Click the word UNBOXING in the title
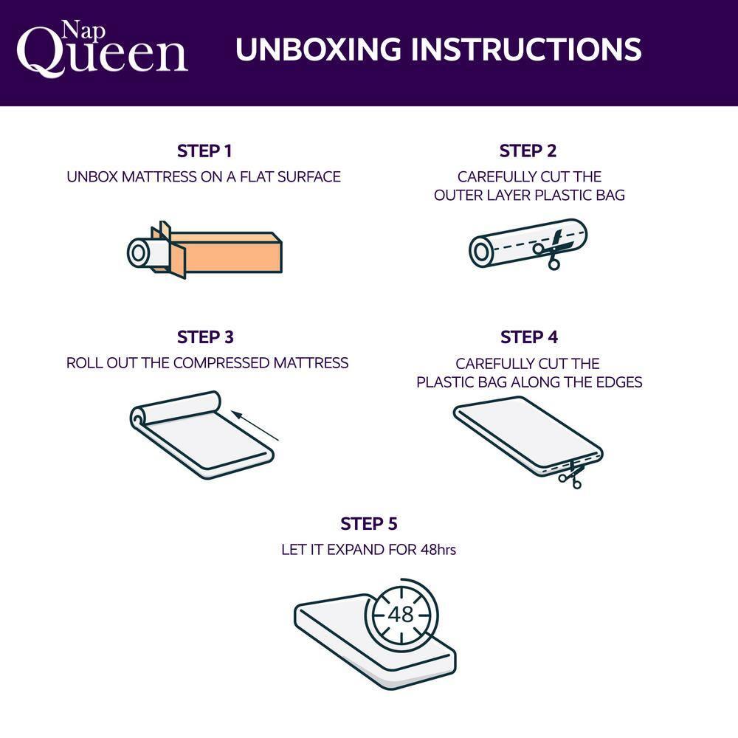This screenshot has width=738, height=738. pyautogui.click(x=317, y=49)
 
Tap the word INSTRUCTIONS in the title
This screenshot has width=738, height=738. pyautogui.click(x=525, y=49)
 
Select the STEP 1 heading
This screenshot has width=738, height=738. pyautogui.click(x=204, y=151)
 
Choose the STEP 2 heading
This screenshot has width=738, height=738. pyautogui.click(x=528, y=151)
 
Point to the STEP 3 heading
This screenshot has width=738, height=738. pyautogui.click(x=205, y=337)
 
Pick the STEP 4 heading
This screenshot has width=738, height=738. pyautogui.click(x=528, y=337)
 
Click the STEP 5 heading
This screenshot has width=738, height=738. pyautogui.click(x=368, y=524)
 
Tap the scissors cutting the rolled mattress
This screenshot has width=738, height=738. pyautogui.click(x=548, y=252)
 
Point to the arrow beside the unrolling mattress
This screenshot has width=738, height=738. pyautogui.click(x=258, y=427)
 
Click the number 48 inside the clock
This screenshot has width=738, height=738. pyautogui.click(x=400, y=615)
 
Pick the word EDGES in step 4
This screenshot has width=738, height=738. pyautogui.click(x=618, y=382)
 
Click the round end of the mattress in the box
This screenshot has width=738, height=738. pyautogui.click(x=139, y=253)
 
